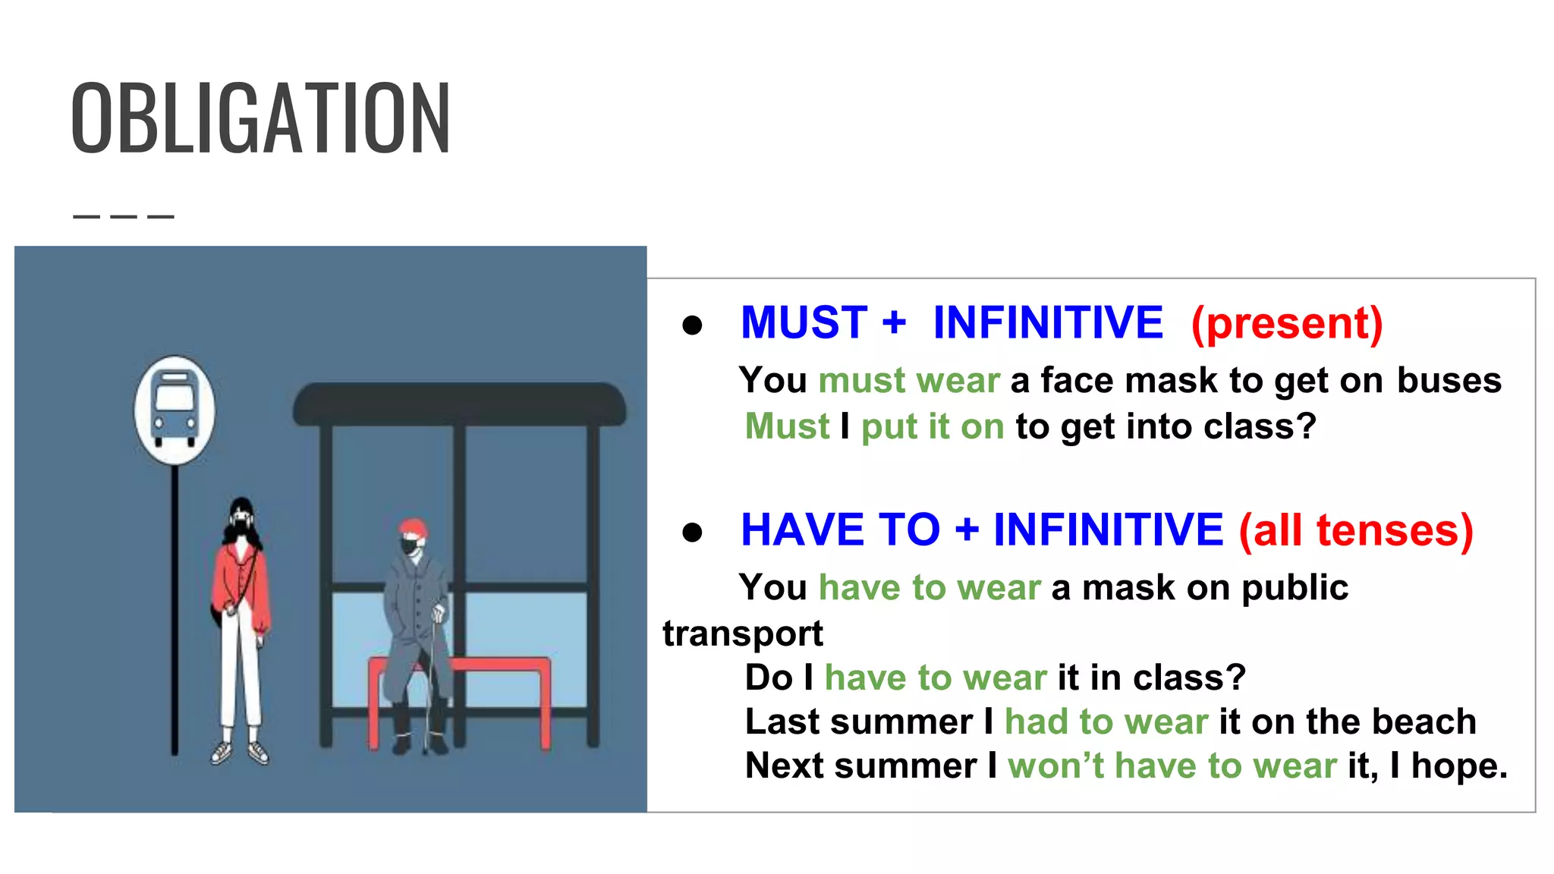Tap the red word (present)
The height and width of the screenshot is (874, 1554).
pyautogui.click(x=1287, y=323)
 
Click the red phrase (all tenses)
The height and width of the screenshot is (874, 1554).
pyautogui.click(x=1356, y=530)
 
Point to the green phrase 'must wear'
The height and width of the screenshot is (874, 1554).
pyautogui.click(x=909, y=380)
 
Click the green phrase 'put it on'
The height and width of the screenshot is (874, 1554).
pyautogui.click(x=933, y=426)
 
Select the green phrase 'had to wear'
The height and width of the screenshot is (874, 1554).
pyautogui.click(x=1106, y=722)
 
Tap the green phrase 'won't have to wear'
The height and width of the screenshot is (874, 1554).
pyautogui.click(x=1172, y=766)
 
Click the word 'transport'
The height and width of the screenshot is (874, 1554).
pyautogui.click(x=742, y=633)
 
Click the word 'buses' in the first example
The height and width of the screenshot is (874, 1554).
pyautogui.click(x=1449, y=380)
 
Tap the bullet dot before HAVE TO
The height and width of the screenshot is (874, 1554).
pyautogui.click(x=692, y=532)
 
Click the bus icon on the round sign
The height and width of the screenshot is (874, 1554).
pyautogui.click(x=175, y=407)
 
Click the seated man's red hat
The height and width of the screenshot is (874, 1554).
pyautogui.click(x=413, y=527)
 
